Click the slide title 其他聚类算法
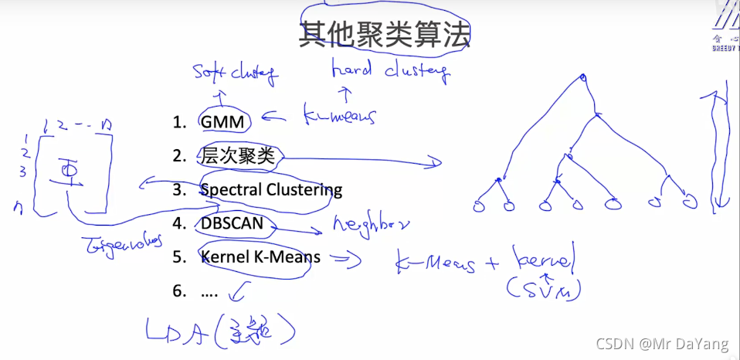(385, 34)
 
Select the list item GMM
(222, 121)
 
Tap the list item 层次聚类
(237, 155)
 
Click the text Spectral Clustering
(270, 189)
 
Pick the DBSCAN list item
(232, 223)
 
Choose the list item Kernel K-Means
(260, 256)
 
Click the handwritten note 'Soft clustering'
(235, 74)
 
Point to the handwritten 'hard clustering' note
(389, 71)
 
